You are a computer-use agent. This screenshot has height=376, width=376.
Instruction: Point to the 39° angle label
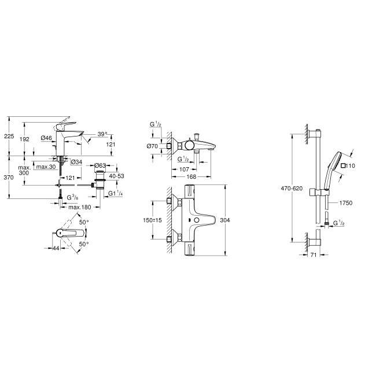click(102, 134)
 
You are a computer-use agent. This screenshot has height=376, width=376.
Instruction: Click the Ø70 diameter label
click(154, 148)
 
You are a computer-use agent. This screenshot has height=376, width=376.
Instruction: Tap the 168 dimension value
click(191, 177)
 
